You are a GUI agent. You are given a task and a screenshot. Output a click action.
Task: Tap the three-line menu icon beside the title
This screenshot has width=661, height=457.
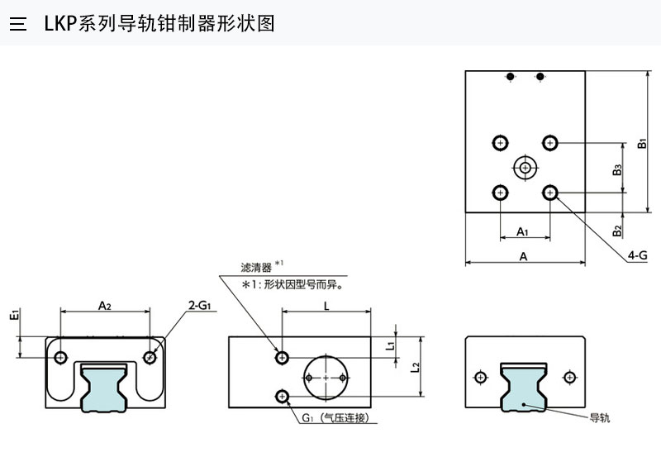tap(18, 24)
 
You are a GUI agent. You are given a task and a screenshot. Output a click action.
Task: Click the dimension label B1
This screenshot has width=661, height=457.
tap(642, 142)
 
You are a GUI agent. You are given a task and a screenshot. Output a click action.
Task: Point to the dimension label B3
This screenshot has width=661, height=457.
tap(617, 171)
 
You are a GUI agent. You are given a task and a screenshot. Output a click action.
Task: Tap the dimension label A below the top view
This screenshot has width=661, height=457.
tap(524, 257)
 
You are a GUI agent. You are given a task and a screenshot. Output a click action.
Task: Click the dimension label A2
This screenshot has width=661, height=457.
tap(105, 306)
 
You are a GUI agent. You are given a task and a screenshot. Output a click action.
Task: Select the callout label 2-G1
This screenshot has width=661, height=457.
tap(200, 306)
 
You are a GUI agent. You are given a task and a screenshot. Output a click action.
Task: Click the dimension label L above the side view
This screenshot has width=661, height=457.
tap(326, 305)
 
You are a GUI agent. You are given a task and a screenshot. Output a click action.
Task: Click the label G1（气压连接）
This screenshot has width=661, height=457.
tap(338, 417)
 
